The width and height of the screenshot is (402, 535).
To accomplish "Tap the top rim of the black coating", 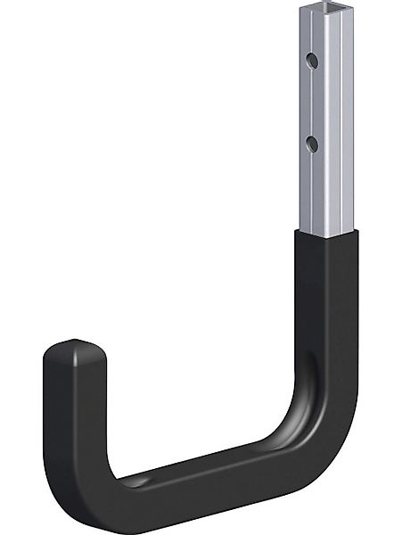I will [322, 234].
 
